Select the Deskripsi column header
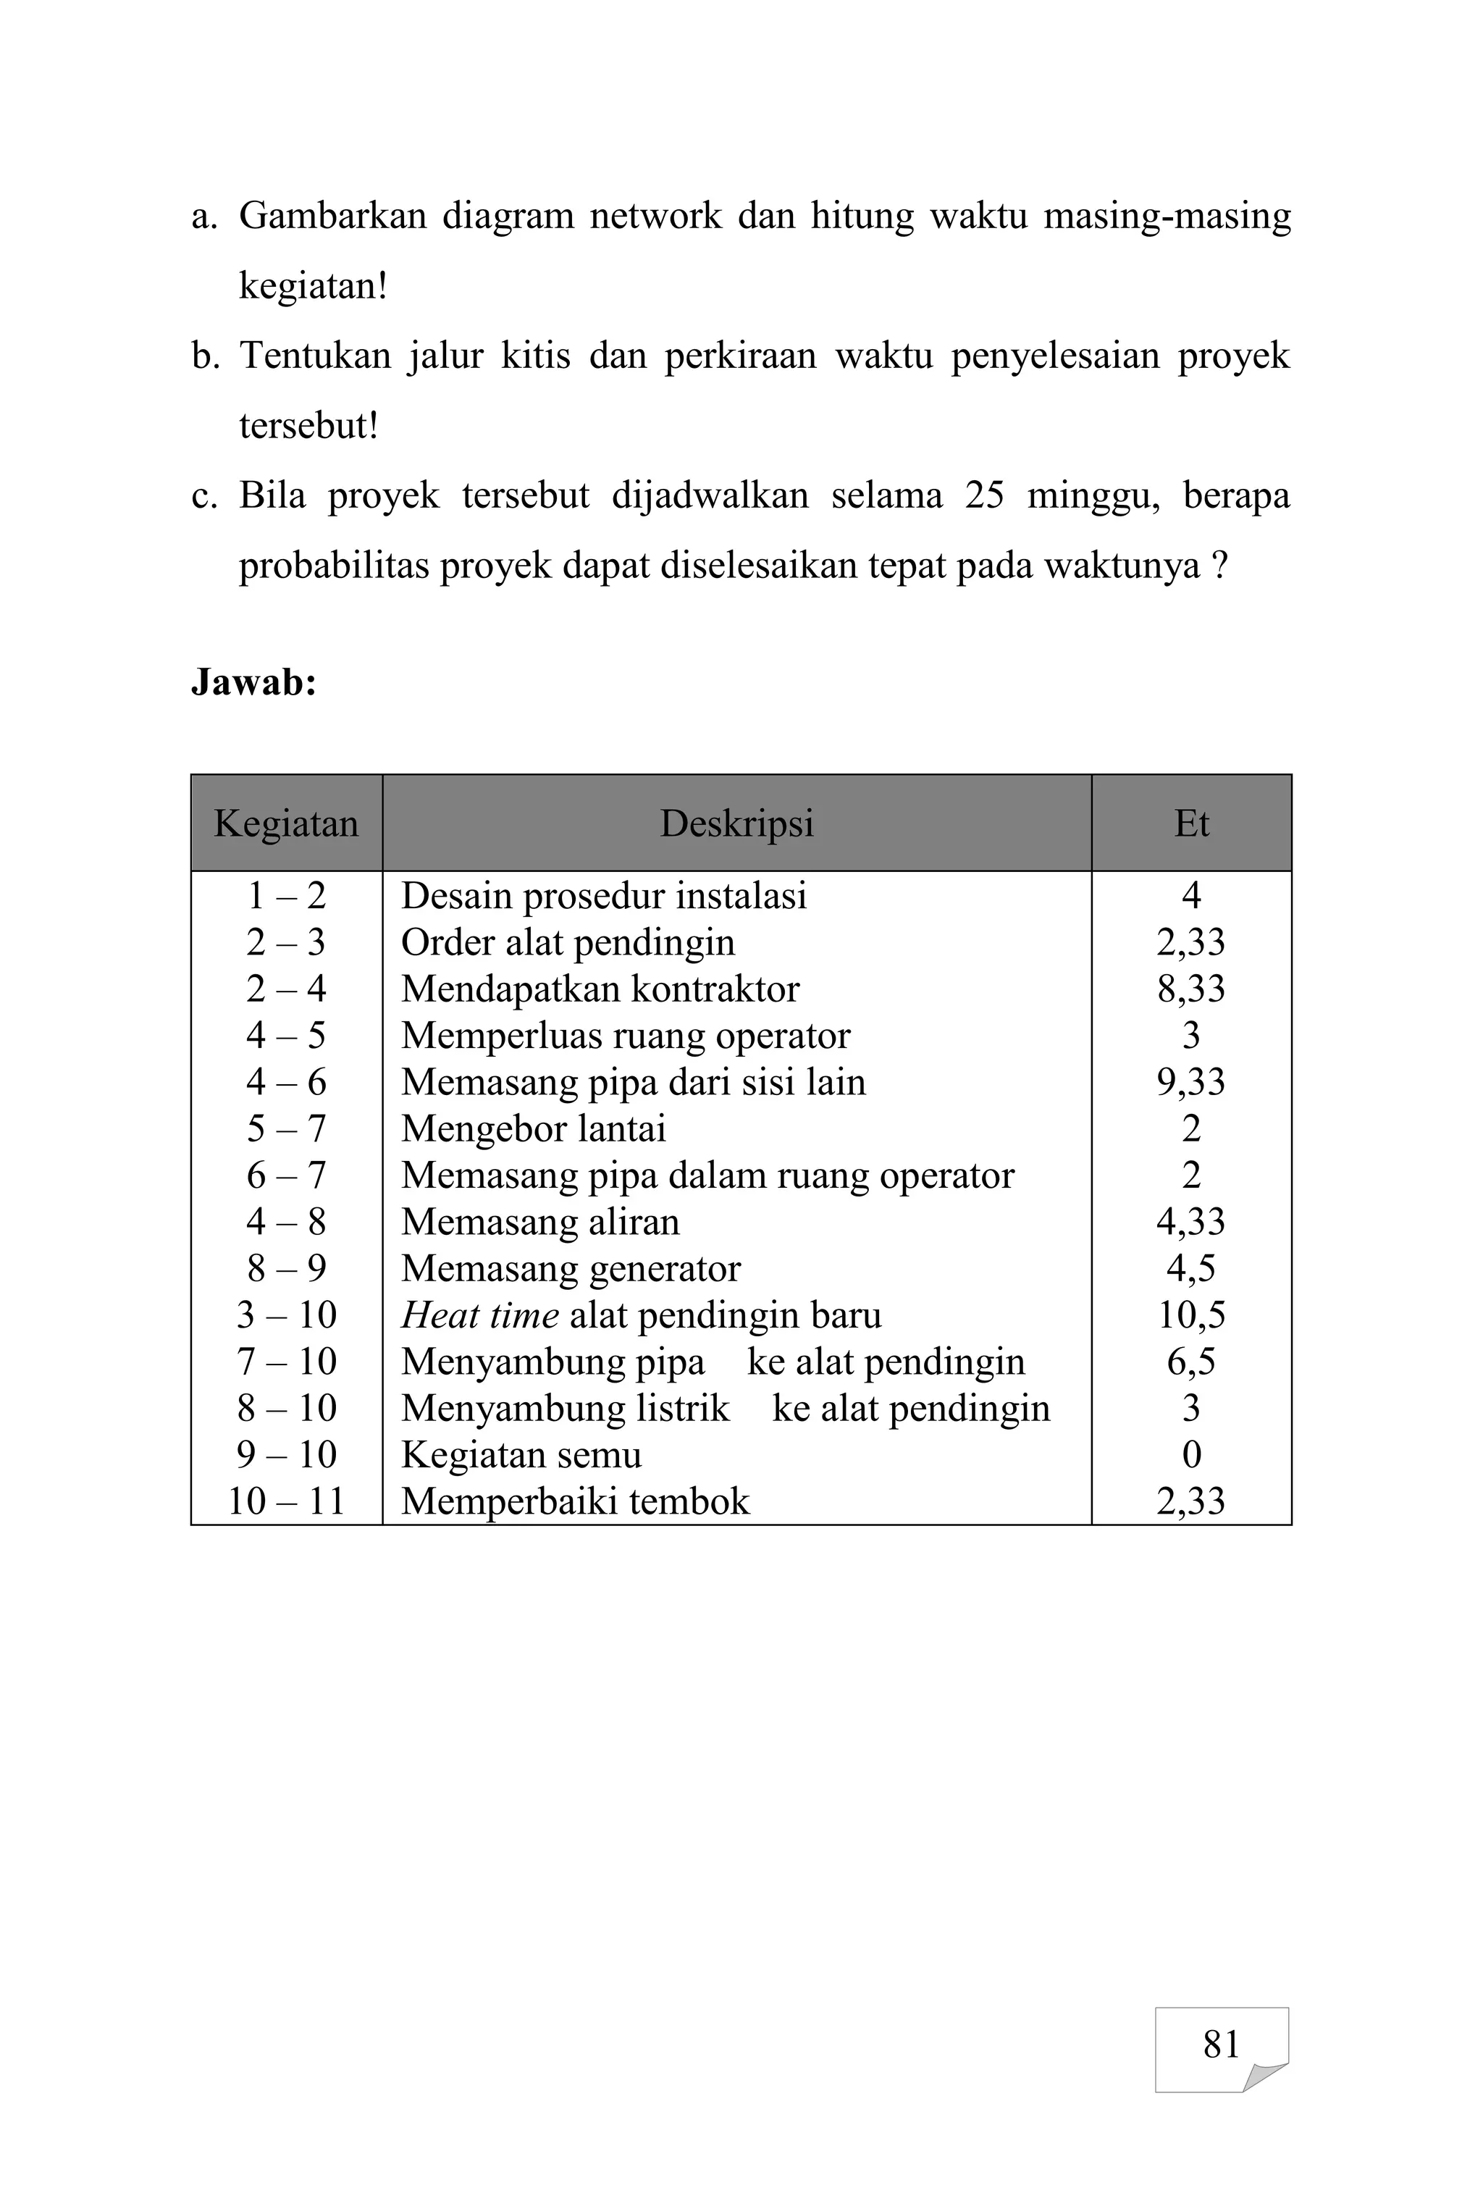coord(736,823)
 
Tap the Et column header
coord(1190,823)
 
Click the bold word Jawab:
coord(253,681)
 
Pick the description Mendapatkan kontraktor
coord(600,989)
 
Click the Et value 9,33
coord(1190,1082)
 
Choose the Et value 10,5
coord(1190,1315)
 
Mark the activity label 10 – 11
coord(285,1501)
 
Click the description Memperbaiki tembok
coord(575,1501)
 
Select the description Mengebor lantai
coord(534,1128)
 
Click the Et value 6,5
coord(1190,1361)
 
